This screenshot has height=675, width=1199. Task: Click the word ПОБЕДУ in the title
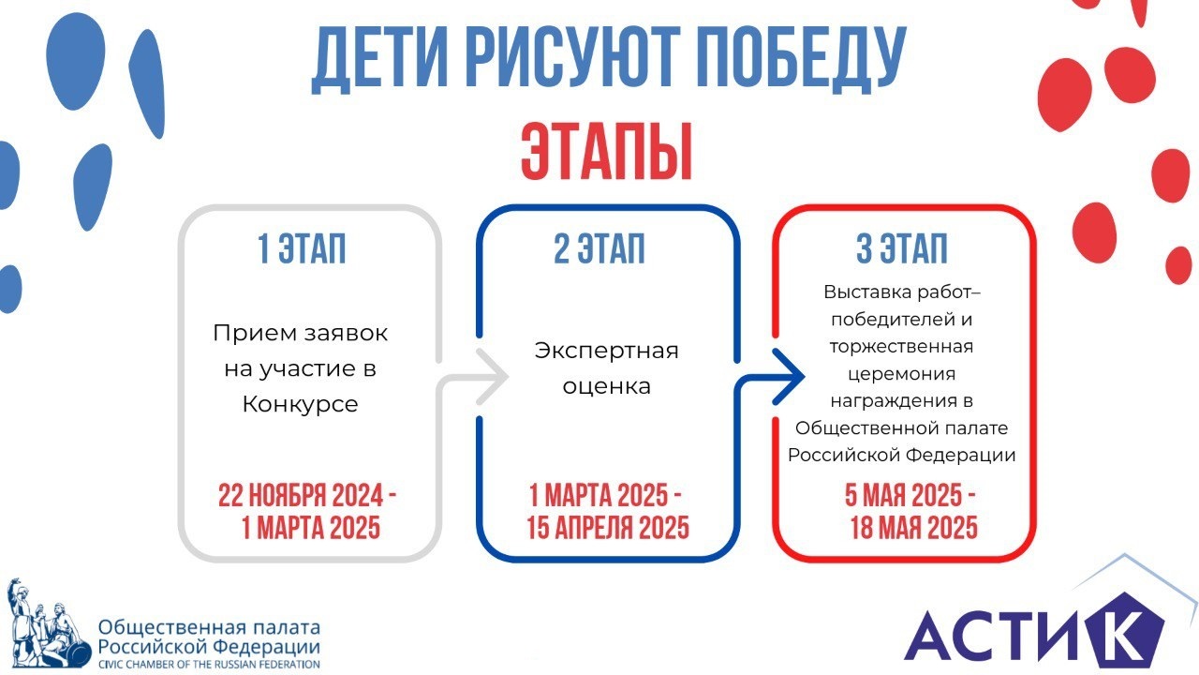[803, 58]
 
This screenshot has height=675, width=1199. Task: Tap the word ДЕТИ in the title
[379, 58]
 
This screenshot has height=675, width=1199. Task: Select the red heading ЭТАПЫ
[607, 152]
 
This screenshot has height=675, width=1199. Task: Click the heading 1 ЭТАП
[302, 248]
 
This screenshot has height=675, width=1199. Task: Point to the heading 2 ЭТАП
[599, 248]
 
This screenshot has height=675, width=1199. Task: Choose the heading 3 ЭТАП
[902, 248]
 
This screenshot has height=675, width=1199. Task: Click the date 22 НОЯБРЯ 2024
[301, 495]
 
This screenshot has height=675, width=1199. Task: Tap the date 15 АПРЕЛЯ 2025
[608, 528]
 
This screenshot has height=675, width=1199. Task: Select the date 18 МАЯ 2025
[914, 528]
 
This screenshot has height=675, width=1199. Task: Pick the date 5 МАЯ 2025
[903, 495]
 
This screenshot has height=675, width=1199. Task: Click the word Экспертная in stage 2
[606, 351]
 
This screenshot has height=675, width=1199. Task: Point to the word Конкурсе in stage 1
[301, 404]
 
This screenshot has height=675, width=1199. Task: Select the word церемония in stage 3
[902, 374]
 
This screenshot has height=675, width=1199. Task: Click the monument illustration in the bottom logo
[48, 623]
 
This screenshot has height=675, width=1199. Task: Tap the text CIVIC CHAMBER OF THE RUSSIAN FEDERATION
[209, 665]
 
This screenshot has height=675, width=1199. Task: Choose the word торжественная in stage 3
[902, 347]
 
